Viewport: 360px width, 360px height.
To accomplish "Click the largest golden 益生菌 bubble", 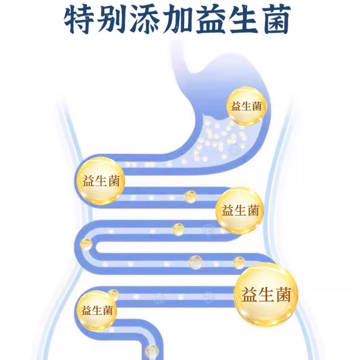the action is tap(266, 295).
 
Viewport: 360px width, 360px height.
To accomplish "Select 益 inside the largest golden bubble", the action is tap(250, 296).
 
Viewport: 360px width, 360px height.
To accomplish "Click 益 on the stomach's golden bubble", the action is tap(236, 107).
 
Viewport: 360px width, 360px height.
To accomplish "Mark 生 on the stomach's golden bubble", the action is tap(246, 107).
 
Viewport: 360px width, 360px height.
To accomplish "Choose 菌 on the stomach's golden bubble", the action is tap(256, 107).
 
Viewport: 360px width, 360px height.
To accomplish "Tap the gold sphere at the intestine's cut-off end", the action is tap(152, 351).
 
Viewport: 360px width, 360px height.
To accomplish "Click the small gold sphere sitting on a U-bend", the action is tap(85, 244).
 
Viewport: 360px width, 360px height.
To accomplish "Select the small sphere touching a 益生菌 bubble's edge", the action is tap(113, 295).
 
